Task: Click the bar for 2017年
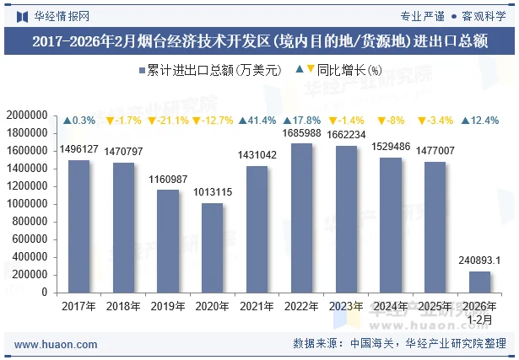(x=78, y=226)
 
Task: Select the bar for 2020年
(x=212, y=248)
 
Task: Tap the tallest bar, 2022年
(x=301, y=218)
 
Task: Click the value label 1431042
(x=257, y=155)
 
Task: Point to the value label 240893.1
(x=479, y=261)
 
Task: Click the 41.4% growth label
(x=257, y=121)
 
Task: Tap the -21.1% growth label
(x=167, y=121)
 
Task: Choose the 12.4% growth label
(x=479, y=121)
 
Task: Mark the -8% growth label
(x=391, y=121)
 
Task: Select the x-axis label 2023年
(x=346, y=306)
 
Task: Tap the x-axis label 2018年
(x=123, y=306)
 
